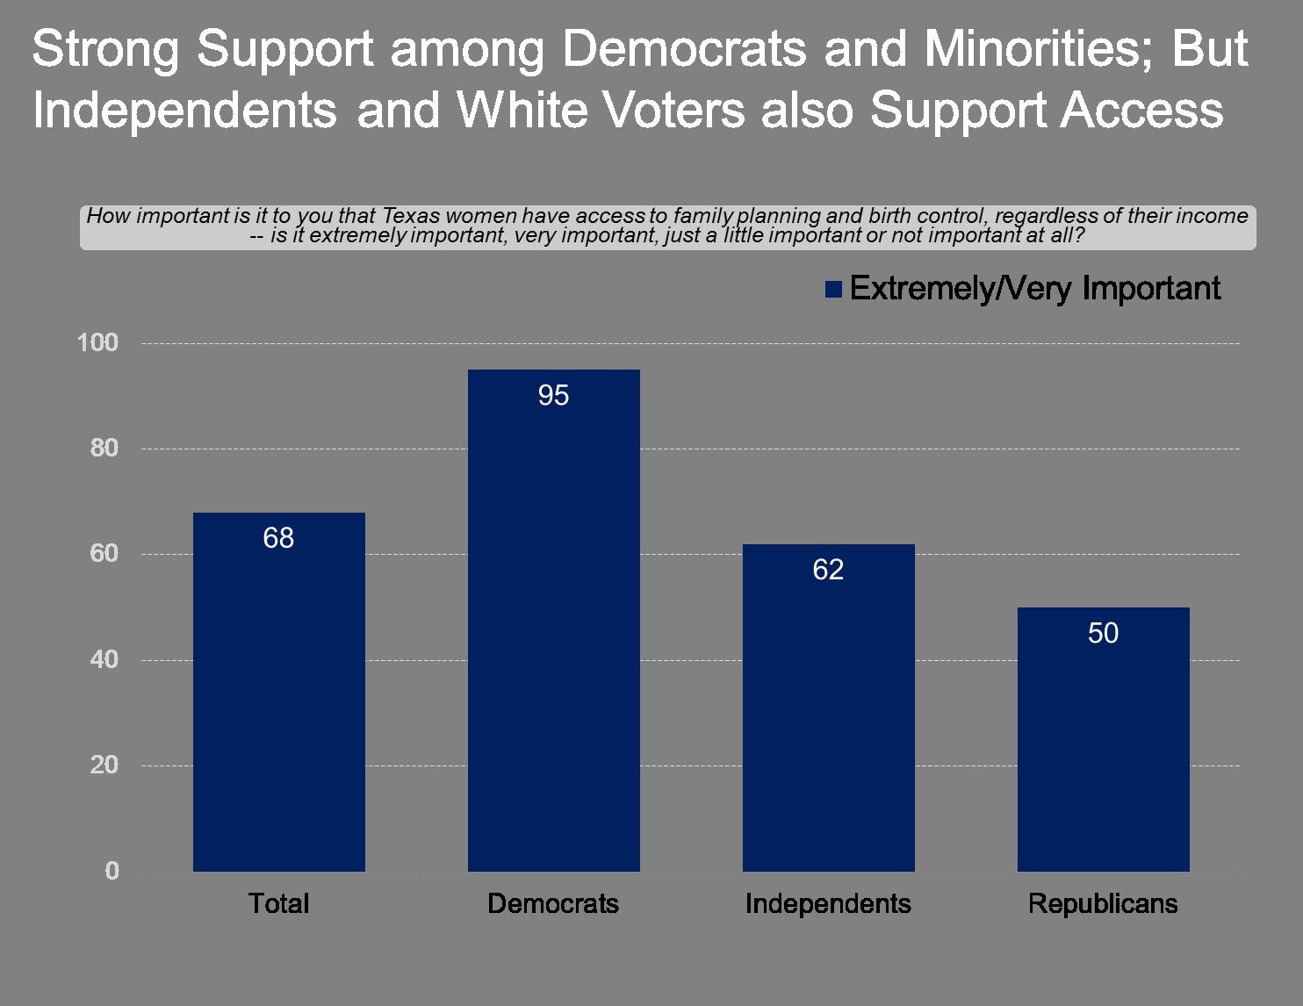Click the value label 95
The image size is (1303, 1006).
(553, 396)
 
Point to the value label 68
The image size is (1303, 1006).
(278, 538)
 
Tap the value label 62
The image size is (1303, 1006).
(828, 570)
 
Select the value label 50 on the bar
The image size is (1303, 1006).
(1103, 634)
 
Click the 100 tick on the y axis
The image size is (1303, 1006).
(97, 342)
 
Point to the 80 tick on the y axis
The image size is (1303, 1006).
(104, 448)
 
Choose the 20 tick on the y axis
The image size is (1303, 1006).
(104, 765)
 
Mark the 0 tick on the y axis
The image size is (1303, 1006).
(112, 871)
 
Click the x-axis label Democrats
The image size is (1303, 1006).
(553, 903)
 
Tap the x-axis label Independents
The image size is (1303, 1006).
(828, 903)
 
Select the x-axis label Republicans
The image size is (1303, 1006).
(1103, 903)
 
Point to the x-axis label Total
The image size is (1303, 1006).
(278, 903)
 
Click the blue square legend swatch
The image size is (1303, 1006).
(833, 290)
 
